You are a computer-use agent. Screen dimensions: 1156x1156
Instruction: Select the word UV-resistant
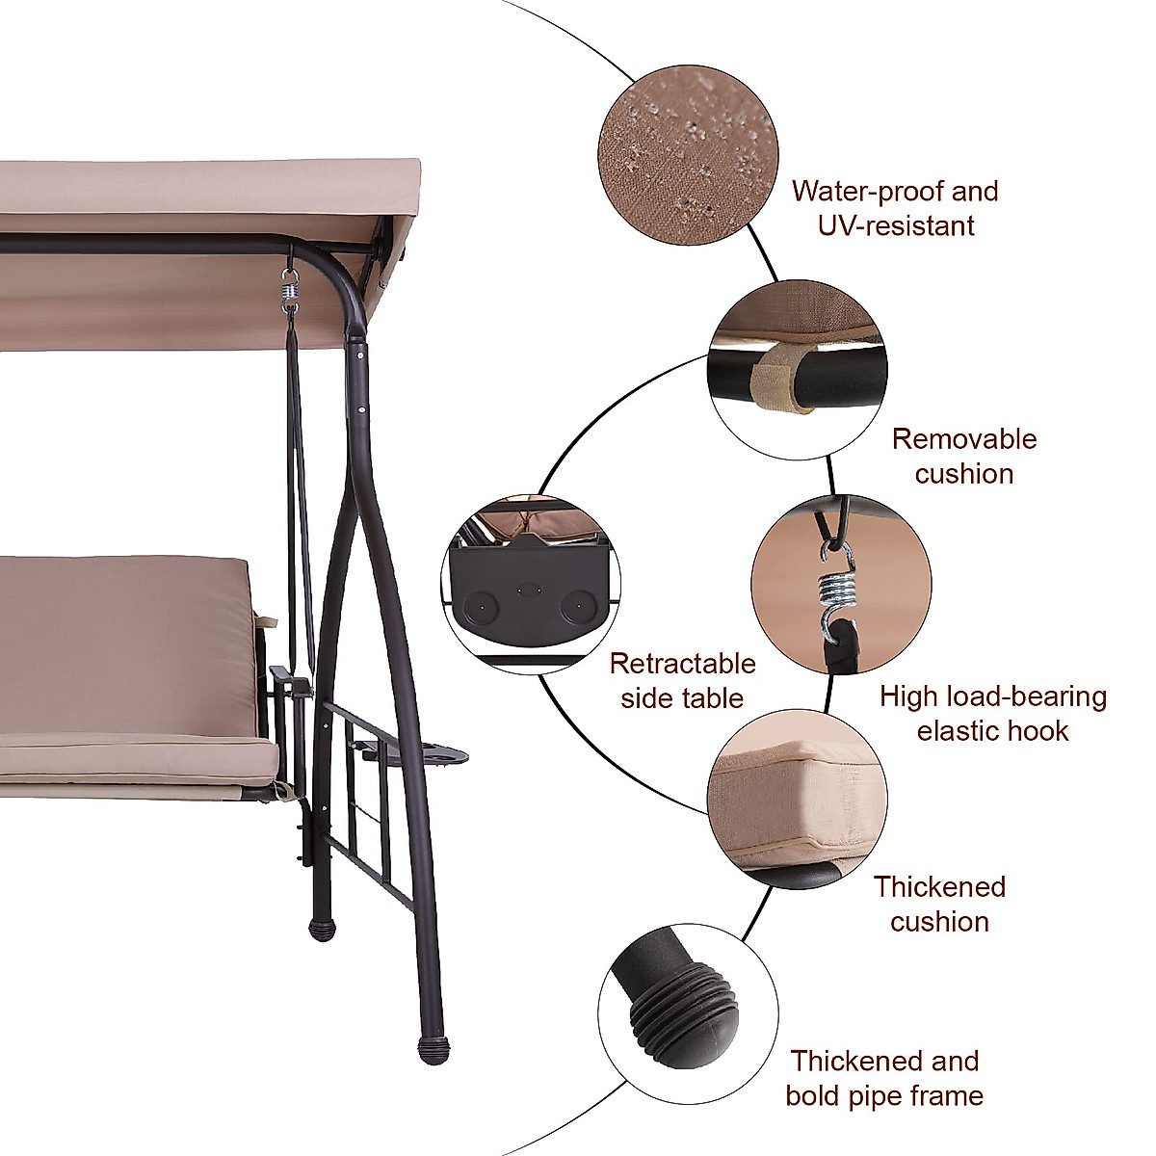(x=896, y=225)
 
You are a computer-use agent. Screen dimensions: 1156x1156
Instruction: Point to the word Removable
(x=963, y=439)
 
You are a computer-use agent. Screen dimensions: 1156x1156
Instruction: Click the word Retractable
(x=682, y=664)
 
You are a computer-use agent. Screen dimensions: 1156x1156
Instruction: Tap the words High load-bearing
(x=992, y=696)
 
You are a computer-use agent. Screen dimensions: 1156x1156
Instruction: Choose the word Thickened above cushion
(x=939, y=886)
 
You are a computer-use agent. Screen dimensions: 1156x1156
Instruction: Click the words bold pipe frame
(x=884, y=1095)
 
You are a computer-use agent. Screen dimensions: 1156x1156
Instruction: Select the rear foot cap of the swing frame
(x=318, y=929)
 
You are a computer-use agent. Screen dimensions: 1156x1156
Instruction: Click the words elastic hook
(x=992, y=730)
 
